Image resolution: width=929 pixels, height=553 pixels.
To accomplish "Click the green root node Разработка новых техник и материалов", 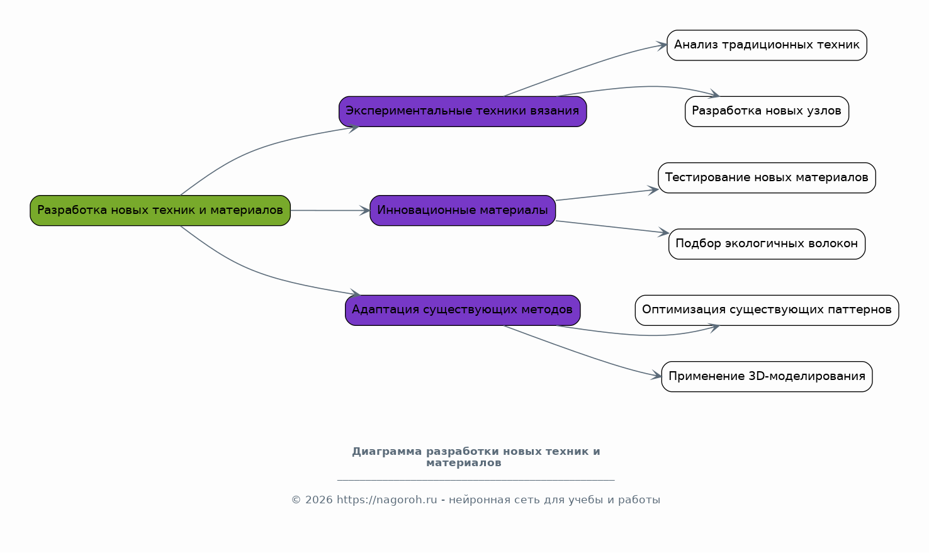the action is tap(160, 211).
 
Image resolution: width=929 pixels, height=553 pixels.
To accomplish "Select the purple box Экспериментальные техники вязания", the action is tap(463, 111).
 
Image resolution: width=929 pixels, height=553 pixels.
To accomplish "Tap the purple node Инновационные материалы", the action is tap(463, 211).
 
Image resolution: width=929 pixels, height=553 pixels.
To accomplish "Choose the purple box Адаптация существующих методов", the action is tap(463, 310).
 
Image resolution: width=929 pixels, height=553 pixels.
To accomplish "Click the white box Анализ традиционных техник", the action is tap(767, 45).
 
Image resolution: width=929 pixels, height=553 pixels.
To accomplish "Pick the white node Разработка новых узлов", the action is tap(767, 111).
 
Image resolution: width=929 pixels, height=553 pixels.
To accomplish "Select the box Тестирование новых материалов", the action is tap(767, 178).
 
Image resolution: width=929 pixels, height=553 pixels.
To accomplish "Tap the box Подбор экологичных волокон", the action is tap(767, 243).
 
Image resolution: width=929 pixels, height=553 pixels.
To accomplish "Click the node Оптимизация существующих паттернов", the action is tap(767, 310).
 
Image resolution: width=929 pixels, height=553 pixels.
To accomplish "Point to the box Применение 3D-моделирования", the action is tap(767, 376).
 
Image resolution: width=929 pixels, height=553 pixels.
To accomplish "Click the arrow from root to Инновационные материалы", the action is tap(330, 211).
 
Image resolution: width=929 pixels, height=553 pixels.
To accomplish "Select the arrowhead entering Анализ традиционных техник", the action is tap(661, 45).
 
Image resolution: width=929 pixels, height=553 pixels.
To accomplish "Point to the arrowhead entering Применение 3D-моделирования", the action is tap(656, 376).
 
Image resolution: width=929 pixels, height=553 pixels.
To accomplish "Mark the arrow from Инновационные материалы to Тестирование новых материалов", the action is tap(607, 195).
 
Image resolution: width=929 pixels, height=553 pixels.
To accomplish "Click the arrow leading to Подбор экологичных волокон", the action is tap(612, 226).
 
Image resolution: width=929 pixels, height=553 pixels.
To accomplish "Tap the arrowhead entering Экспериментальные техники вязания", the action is tap(353, 128).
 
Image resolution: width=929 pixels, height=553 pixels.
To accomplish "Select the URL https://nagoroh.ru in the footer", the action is tap(386, 500).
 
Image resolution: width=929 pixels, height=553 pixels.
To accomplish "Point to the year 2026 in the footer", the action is tap(318, 500).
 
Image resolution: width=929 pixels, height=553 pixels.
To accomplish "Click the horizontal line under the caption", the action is tap(476, 480).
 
